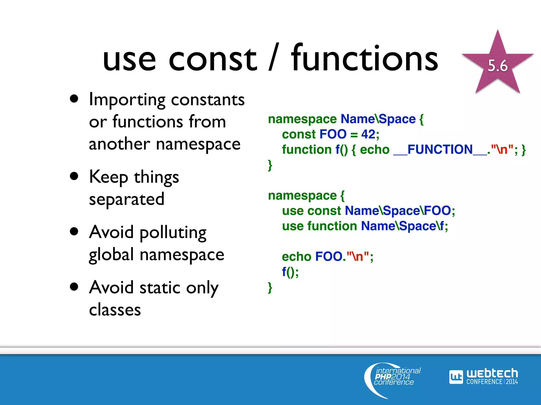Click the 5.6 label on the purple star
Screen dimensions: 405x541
[497, 66]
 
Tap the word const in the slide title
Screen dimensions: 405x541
[213, 59]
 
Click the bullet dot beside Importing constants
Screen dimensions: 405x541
[74, 99]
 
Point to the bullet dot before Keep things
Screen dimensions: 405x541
[74, 176]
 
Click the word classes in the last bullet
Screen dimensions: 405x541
[115, 310]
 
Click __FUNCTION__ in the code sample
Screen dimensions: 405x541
[440, 150]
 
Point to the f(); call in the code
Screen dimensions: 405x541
[290, 272]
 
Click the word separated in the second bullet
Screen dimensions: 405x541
[127, 199]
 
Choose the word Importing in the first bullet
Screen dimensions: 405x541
[127, 100]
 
